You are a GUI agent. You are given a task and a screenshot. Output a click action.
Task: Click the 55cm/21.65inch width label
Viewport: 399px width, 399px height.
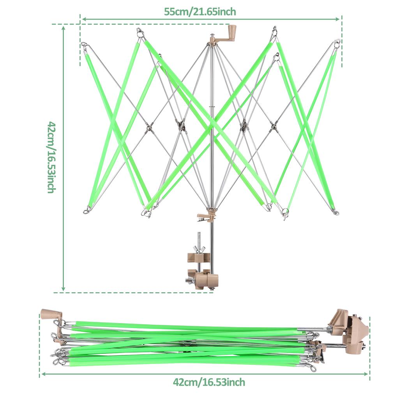(200, 12)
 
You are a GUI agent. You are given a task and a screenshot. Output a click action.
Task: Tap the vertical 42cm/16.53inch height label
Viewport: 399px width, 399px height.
(51, 157)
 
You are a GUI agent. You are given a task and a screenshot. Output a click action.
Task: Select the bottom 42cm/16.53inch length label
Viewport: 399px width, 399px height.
(209, 382)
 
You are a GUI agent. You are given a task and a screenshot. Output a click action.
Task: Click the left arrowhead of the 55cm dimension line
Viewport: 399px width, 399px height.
(84, 19)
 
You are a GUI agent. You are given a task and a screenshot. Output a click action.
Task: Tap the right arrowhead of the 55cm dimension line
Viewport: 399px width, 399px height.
(337, 19)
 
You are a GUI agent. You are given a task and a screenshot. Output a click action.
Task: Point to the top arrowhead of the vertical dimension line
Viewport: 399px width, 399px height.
(64, 28)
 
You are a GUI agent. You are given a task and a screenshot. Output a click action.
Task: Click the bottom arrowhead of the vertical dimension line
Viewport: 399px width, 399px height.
(64, 288)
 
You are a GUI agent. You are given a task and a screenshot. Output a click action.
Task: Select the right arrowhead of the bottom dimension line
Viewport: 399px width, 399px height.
(366, 374)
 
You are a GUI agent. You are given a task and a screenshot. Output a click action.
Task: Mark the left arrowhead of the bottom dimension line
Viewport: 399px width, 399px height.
(43, 374)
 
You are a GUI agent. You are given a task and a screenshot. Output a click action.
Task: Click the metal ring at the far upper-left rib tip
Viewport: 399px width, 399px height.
(84, 45)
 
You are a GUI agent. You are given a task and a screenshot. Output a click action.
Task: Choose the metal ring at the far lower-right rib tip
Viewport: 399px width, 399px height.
(337, 212)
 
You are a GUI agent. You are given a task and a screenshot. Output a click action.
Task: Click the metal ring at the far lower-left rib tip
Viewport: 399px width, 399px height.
(86, 211)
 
